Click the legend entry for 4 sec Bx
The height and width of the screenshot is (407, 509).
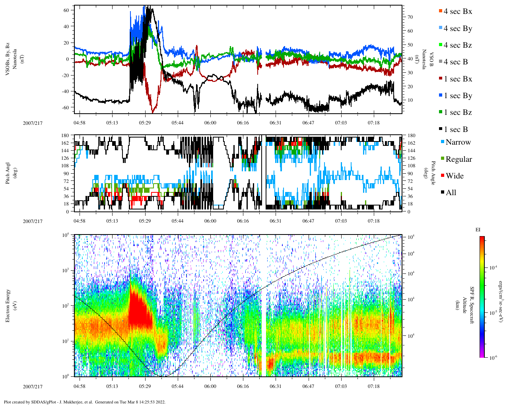tap(457, 12)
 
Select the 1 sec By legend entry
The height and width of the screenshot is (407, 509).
tap(457, 96)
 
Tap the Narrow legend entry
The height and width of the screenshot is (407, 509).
tap(458, 142)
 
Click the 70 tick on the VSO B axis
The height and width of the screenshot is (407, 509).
tap(409, 17)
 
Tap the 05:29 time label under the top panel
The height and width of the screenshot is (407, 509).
tap(145, 123)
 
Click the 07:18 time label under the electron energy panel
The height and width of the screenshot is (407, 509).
tap(373, 386)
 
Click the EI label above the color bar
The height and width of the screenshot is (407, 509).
tap(478, 230)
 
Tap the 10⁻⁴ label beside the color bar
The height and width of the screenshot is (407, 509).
tap(493, 267)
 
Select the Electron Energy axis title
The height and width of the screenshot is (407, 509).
tap(8, 305)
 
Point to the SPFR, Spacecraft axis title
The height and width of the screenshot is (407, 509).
tap(472, 305)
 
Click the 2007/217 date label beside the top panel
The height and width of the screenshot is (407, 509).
tap(33, 123)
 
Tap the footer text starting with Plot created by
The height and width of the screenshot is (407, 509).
tap(84, 402)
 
